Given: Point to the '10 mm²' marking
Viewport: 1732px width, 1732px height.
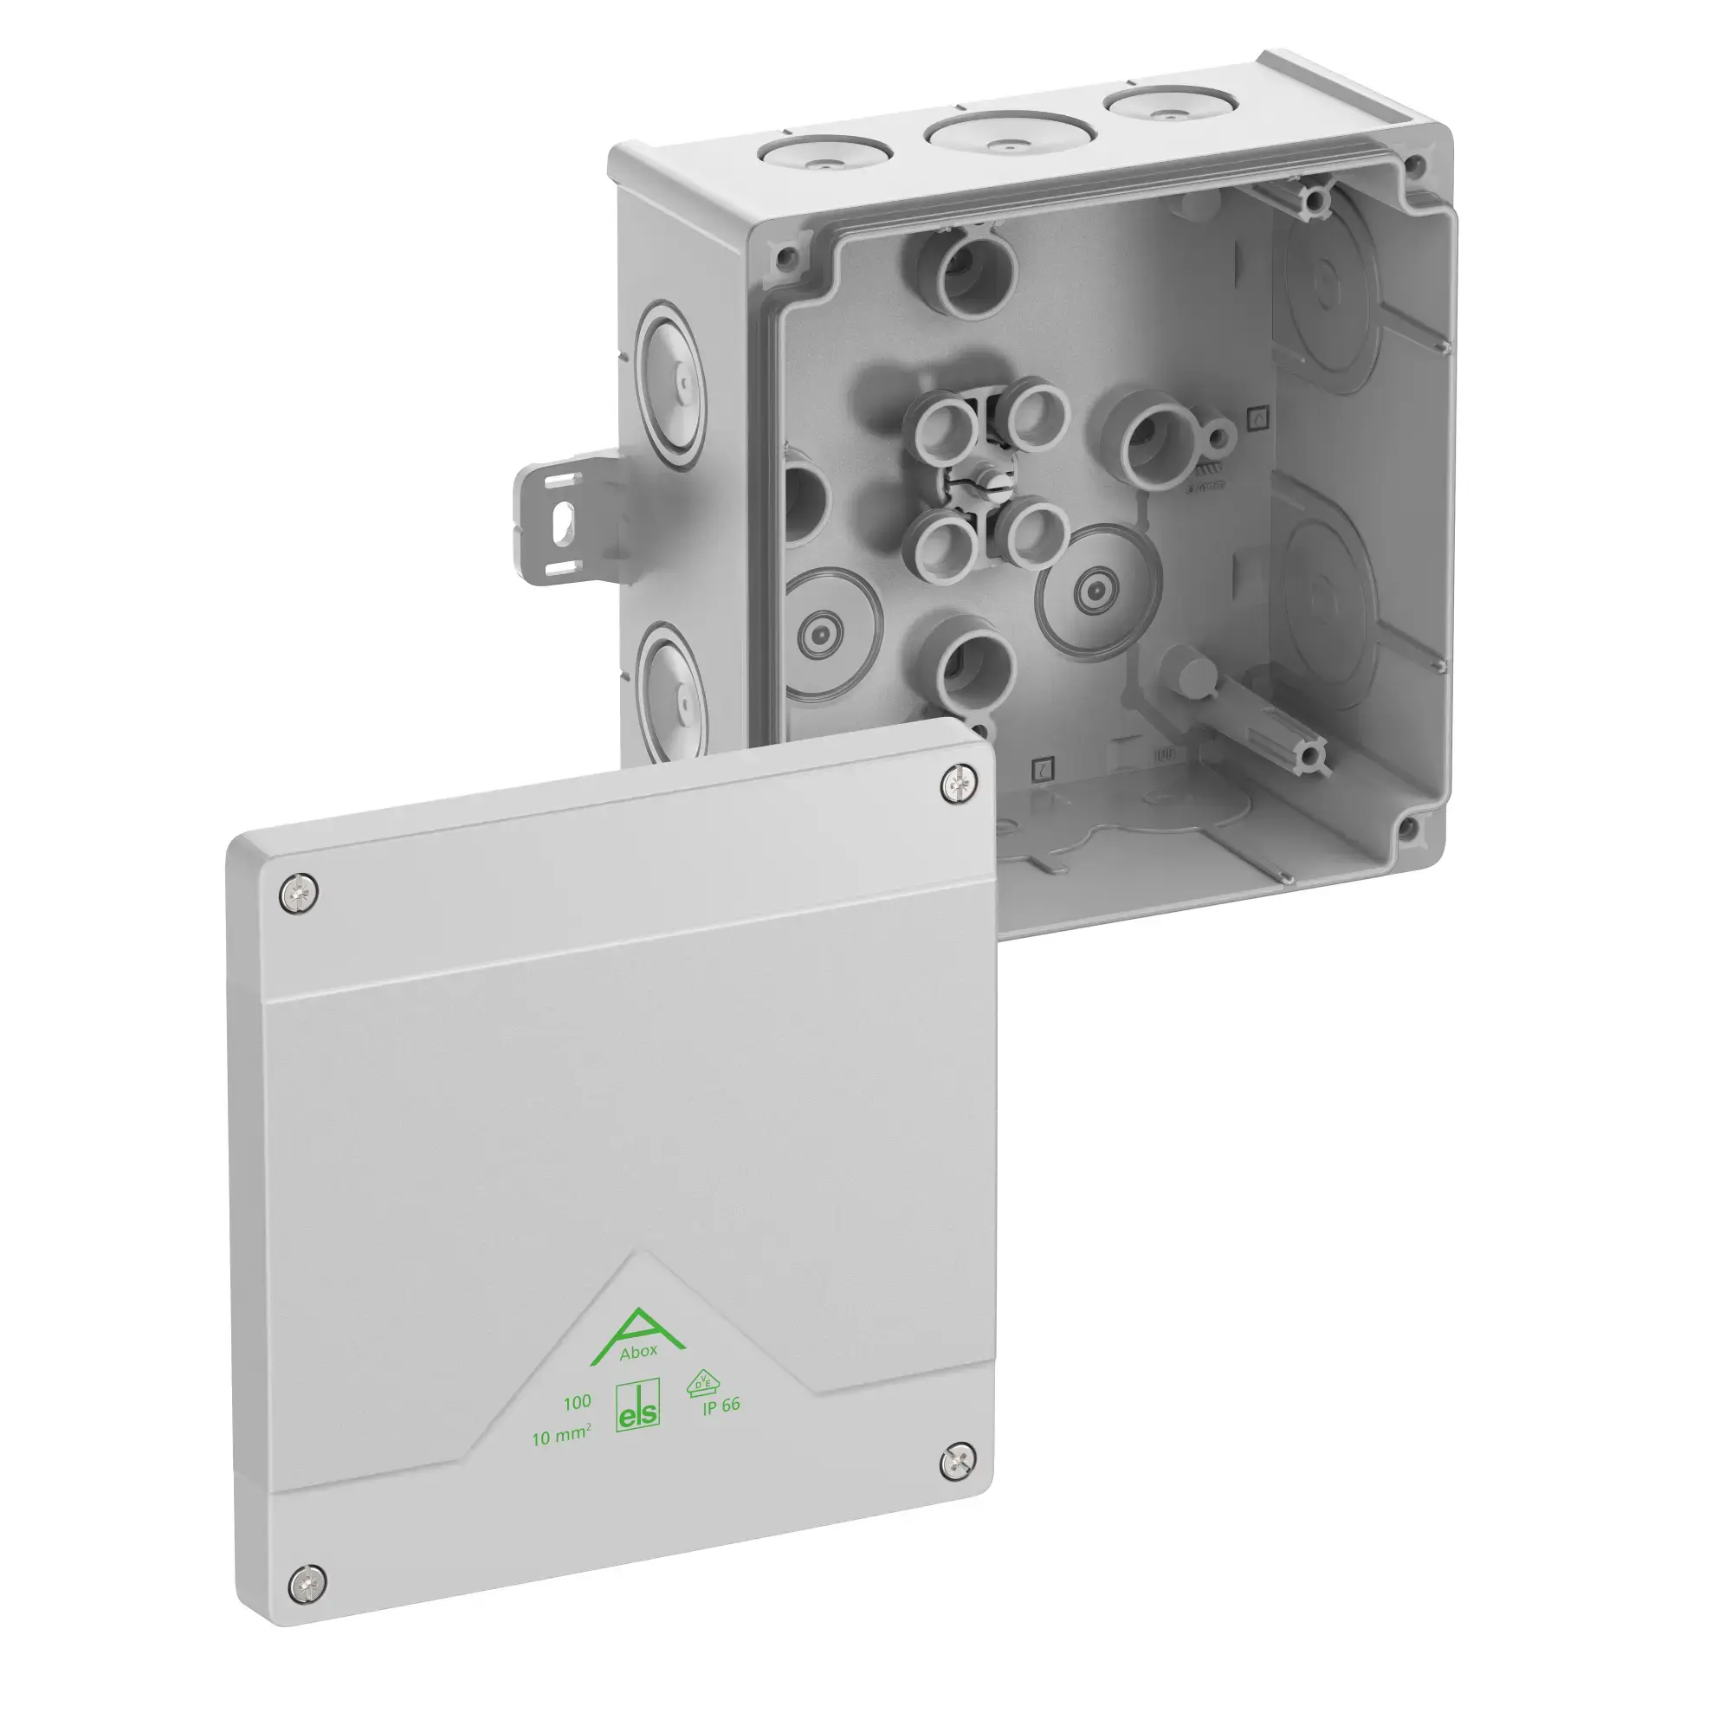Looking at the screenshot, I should (x=561, y=1438).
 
